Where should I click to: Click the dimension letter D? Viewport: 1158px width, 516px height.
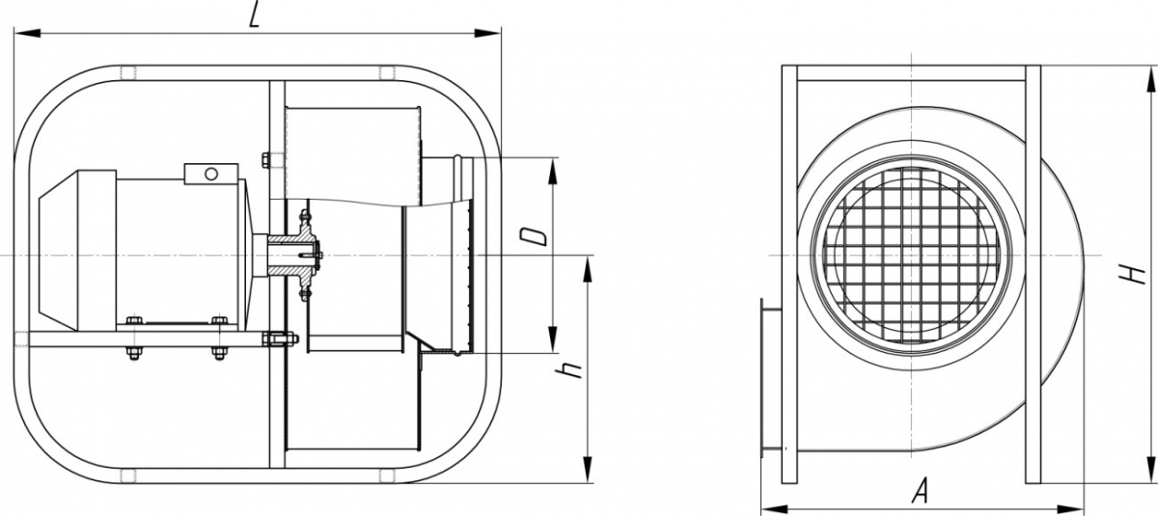(533, 236)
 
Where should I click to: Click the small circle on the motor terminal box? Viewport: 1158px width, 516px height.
(211, 174)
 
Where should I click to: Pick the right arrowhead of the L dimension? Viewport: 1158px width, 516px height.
(487, 34)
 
